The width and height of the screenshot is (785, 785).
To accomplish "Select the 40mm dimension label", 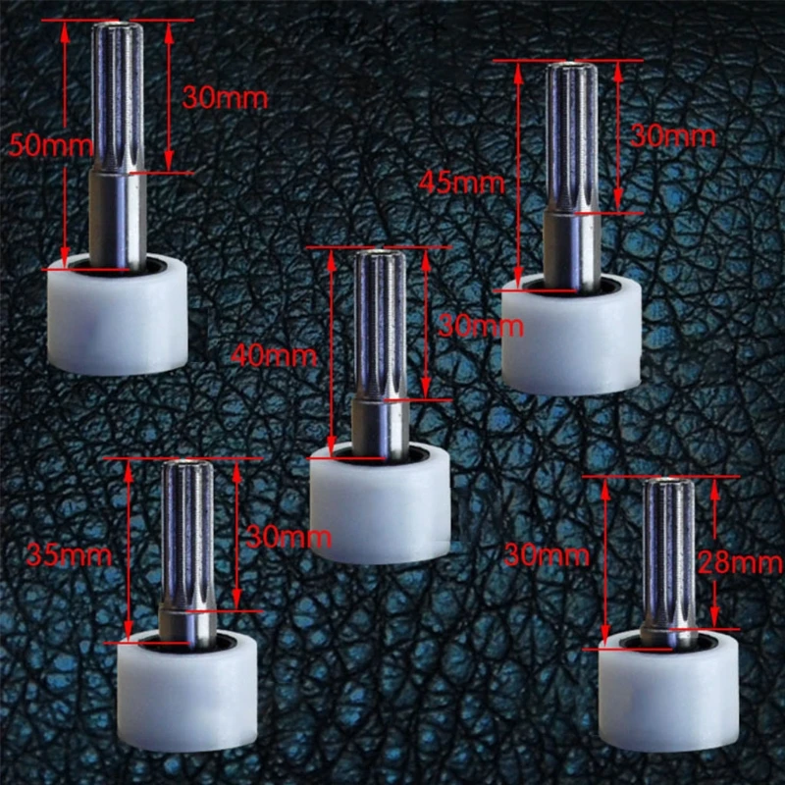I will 277,355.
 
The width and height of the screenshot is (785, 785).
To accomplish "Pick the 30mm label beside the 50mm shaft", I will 225,98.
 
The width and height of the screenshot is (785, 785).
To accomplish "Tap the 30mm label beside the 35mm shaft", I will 289,537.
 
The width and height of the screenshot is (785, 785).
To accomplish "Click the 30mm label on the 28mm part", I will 547,555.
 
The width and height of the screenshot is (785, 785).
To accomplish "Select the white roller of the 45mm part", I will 571,339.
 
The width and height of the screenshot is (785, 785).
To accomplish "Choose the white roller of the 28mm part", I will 668,692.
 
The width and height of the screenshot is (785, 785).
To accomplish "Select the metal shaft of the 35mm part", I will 187,549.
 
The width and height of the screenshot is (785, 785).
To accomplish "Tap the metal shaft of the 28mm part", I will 669,559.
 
